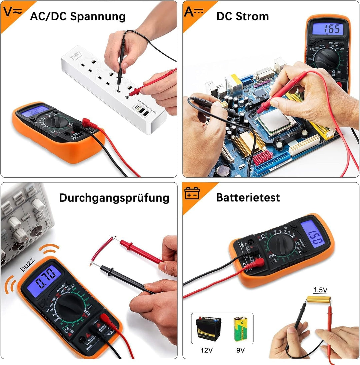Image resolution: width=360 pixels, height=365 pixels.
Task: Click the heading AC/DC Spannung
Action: click(78, 16)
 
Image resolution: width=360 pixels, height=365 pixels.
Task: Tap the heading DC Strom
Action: click(242, 16)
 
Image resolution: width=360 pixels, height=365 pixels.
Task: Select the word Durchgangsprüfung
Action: click(114, 198)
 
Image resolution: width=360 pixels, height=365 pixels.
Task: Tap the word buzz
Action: click(28, 265)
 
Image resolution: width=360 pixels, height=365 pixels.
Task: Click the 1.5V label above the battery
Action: click(320, 290)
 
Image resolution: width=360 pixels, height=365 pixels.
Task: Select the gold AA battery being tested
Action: click(318, 299)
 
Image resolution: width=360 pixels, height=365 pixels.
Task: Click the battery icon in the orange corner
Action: click(192, 193)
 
